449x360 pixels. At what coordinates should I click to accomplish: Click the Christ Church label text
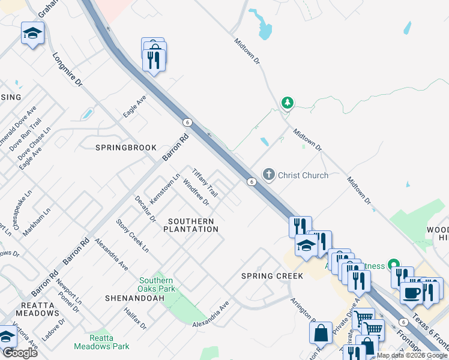303,175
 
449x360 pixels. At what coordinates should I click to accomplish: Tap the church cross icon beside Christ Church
269,175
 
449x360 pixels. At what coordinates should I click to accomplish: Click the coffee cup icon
412,293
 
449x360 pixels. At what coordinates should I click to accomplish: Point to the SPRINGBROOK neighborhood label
125,148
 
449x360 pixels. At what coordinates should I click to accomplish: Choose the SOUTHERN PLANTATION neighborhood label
191,226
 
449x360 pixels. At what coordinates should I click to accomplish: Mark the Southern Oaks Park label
157,284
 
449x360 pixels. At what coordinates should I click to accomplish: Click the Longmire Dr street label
67,70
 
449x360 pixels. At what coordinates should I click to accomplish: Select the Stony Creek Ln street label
133,235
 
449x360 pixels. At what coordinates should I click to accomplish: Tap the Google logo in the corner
20,353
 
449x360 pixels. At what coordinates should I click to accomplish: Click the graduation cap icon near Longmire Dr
32,34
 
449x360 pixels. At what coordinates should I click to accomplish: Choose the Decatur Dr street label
145,209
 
